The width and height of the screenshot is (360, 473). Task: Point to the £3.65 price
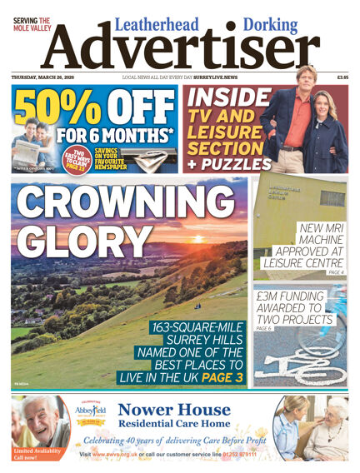click(342, 77)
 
